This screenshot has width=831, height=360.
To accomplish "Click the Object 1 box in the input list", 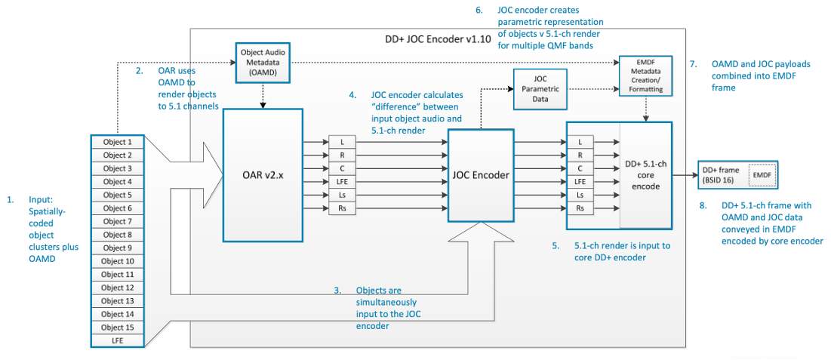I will (x=117, y=142).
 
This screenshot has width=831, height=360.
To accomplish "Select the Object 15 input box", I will (x=117, y=327).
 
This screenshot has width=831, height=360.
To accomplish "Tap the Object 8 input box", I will (x=117, y=235).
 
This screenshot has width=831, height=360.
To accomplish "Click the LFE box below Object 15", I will (x=117, y=340).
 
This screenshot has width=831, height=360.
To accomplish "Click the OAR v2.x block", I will (x=262, y=174).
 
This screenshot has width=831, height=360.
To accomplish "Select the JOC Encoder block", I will (x=480, y=174).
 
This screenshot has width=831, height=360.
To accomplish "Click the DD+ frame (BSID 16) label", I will (x=716, y=175).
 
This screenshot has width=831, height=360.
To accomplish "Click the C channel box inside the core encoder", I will (x=580, y=168).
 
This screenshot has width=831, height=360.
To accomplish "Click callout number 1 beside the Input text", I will (x=11, y=200).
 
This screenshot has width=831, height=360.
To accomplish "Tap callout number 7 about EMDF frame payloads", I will (x=693, y=64).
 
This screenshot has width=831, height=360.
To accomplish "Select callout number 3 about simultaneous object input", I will (x=338, y=290).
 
